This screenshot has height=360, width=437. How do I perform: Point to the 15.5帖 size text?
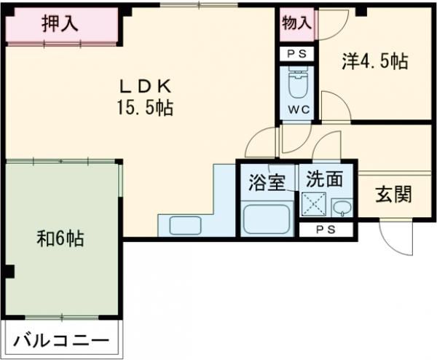point(143,109)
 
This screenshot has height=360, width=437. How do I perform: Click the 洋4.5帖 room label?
point(374,63)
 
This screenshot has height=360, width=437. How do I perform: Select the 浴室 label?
point(267,183)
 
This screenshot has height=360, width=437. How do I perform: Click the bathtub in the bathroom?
point(266,218)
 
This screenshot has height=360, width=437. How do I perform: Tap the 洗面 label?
point(321,179)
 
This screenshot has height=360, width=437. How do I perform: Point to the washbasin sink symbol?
point(341,208)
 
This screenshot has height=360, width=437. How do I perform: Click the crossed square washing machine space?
point(315,206)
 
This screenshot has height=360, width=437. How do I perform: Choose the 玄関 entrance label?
point(393,195)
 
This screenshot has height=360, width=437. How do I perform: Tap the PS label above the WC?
point(297,54)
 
